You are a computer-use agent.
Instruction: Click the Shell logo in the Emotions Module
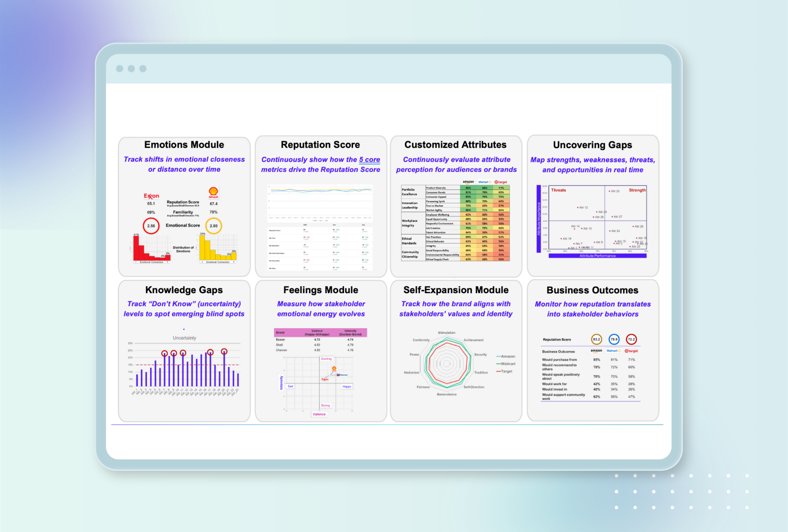click(213, 192)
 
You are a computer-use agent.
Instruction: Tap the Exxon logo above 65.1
click(151, 196)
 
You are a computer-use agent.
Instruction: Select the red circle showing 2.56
click(151, 226)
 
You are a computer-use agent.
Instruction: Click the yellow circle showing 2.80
click(213, 226)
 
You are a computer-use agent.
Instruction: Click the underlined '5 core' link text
click(369, 160)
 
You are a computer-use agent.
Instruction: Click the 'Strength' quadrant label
click(637, 190)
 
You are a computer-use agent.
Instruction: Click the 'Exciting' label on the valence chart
click(326, 359)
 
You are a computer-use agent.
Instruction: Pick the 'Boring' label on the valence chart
click(325, 406)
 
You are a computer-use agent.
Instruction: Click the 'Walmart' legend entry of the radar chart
click(508, 364)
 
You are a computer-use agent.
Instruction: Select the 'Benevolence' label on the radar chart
click(446, 394)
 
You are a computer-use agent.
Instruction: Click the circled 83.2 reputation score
click(596, 340)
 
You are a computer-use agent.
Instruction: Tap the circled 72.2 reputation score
click(631, 340)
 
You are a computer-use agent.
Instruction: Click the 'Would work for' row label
click(554, 384)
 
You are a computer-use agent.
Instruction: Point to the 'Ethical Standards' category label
click(409, 241)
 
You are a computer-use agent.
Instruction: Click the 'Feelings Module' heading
click(320, 290)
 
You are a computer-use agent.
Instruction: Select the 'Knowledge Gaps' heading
click(184, 290)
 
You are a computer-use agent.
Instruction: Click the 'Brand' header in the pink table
click(280, 333)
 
